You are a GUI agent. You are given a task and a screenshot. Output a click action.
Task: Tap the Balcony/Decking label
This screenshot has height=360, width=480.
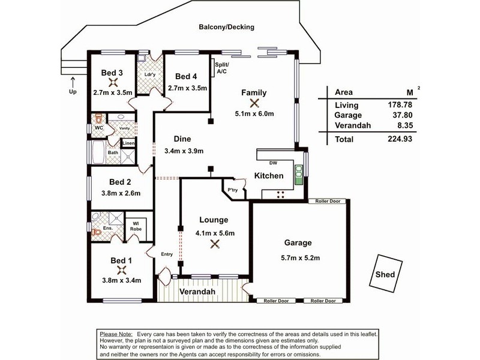[x=227, y=27]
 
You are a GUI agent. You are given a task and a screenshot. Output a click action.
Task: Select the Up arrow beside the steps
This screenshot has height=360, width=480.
[x=73, y=83]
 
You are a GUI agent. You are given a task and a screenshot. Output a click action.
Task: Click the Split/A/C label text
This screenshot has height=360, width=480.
[x=221, y=68]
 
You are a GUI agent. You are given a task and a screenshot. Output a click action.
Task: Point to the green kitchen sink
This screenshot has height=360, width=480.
[x=298, y=175]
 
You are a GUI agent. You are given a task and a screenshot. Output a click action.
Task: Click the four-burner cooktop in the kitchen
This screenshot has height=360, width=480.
[x=280, y=194]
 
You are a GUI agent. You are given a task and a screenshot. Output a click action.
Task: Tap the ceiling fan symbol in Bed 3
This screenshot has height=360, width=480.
[x=113, y=82]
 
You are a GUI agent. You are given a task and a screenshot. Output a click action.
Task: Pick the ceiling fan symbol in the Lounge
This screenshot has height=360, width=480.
[x=215, y=244]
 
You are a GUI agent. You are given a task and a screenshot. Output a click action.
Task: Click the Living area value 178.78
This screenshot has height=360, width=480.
[x=400, y=104]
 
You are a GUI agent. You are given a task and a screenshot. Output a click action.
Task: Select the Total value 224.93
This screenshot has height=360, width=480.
[x=400, y=139]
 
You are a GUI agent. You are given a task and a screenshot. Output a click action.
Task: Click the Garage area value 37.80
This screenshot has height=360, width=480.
[x=403, y=115]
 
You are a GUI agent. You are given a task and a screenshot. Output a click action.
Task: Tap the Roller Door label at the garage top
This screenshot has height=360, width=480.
[x=328, y=201]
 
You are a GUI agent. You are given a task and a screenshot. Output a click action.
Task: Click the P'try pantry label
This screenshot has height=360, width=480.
[x=233, y=190]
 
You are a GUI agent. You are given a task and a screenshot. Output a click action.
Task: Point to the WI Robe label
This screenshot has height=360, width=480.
[x=136, y=226]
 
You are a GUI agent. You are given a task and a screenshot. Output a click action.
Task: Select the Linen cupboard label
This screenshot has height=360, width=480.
[x=128, y=143]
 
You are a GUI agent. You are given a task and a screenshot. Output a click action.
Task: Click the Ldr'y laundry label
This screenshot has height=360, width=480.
[x=150, y=74]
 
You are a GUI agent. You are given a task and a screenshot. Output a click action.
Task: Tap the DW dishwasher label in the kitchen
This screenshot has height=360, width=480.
[x=273, y=163]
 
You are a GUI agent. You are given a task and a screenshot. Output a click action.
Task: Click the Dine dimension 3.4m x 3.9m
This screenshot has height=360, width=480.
[x=184, y=151]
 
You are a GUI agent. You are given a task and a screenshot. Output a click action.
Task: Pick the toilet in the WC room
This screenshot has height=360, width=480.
[x=98, y=118]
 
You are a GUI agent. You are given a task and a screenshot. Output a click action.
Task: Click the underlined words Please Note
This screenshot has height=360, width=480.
[x=116, y=334]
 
